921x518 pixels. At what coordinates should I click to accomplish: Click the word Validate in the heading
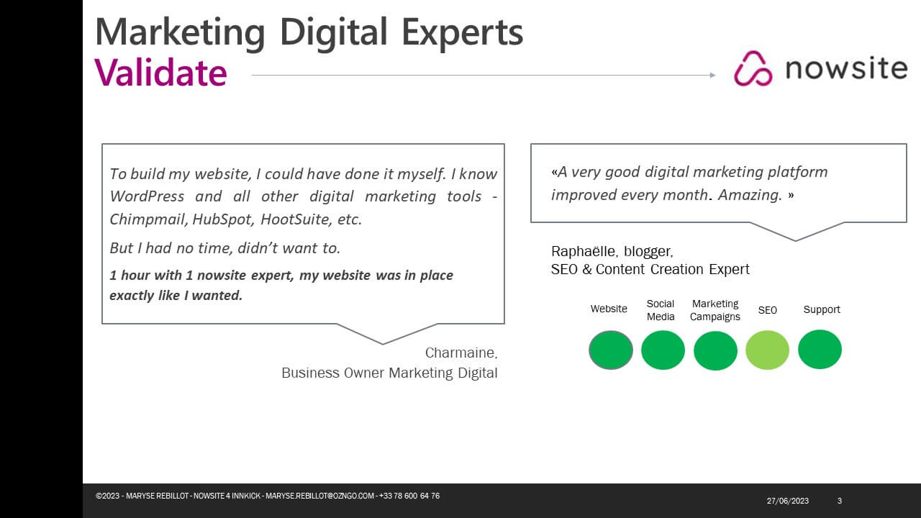160,73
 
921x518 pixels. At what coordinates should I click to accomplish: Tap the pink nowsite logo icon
753,68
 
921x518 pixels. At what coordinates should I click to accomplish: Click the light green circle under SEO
767,350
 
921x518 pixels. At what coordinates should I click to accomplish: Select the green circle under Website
611,350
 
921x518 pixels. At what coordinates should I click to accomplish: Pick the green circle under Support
820,350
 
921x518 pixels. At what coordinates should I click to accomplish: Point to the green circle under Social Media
663,350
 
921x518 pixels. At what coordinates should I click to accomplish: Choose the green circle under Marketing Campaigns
715,350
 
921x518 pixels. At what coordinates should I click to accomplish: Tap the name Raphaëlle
584,251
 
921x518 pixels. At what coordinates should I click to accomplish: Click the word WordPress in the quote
147,196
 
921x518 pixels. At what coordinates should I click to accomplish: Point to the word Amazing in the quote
750,195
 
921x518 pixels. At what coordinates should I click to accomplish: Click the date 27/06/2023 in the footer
787,501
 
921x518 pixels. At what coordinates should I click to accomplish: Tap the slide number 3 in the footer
840,501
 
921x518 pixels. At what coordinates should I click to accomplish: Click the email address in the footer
319,496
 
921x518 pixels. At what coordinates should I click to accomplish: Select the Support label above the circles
822,309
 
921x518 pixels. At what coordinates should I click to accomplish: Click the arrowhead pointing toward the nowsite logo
712,76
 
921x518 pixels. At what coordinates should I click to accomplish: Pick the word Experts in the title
462,33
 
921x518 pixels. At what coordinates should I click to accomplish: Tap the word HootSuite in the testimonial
295,219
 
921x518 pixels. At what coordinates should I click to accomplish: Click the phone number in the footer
409,496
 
